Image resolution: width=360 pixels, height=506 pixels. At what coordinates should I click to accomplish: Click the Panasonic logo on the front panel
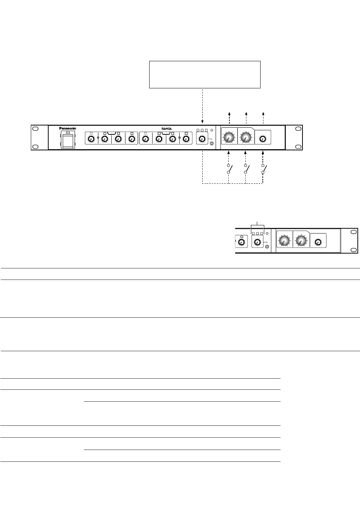point(68,128)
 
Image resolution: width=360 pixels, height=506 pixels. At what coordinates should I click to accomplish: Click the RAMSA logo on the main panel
point(167,129)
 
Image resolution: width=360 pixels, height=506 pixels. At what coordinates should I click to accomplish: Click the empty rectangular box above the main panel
point(204,75)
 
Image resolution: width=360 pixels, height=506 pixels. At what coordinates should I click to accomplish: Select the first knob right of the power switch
point(91,139)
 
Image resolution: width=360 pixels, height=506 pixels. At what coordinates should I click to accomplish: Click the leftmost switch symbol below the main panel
point(229,169)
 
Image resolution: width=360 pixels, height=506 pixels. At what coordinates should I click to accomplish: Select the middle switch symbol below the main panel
point(246,169)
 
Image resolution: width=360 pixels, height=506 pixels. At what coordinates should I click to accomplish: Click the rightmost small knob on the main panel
point(263,139)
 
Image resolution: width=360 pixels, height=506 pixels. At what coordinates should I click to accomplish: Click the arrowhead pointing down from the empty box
point(202,121)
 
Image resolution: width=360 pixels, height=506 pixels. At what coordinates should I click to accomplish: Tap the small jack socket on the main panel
point(212,143)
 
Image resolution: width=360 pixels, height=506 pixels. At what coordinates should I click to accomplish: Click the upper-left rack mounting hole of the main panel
point(35,129)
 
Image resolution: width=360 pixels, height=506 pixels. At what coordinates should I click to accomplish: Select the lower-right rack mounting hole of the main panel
point(298,146)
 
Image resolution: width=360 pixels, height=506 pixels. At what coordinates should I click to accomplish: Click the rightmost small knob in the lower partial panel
point(318,242)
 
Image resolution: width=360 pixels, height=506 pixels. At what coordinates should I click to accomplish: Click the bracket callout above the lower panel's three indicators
point(257,225)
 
